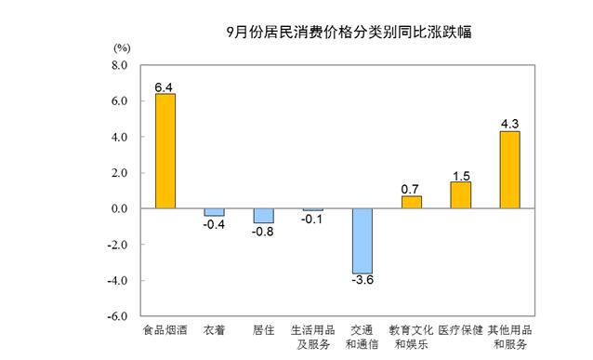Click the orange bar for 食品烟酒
tap(165, 151)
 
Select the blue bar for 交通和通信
tap(362, 241)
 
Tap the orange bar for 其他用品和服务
tap(509, 170)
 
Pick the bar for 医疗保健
tap(461, 195)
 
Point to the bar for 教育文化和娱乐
tap(412, 202)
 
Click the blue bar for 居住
tap(264, 216)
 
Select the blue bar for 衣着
tap(215, 212)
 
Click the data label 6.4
tap(164, 87)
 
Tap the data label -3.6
tap(362, 280)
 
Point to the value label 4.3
tap(509, 124)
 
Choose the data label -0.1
tap(312, 220)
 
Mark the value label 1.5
tap(461, 176)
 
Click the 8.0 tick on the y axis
tap(119, 65)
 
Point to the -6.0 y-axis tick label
tap(117, 316)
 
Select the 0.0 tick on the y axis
tap(119, 208)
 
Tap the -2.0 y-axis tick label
tap(117, 245)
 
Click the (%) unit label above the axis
tap(122, 48)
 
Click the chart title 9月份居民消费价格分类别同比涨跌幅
tap(349, 33)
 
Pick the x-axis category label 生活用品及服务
tap(312, 338)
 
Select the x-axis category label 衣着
tap(214, 330)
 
